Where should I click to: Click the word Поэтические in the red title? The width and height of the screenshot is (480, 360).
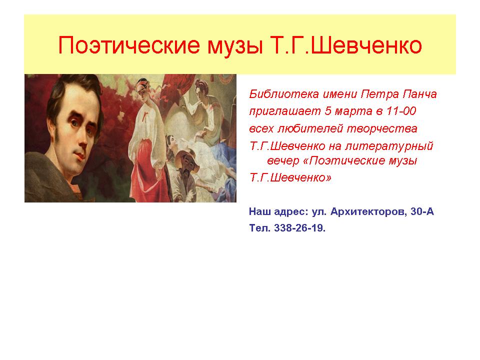129,45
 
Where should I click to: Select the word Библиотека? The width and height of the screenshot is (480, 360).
284,94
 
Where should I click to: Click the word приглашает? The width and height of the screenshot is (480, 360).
285,111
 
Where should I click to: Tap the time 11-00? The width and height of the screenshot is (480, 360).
400,111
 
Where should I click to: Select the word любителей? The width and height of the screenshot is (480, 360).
310,128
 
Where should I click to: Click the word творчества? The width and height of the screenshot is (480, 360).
382,129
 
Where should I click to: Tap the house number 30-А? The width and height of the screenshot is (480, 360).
422,211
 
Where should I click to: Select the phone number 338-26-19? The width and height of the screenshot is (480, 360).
299,228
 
